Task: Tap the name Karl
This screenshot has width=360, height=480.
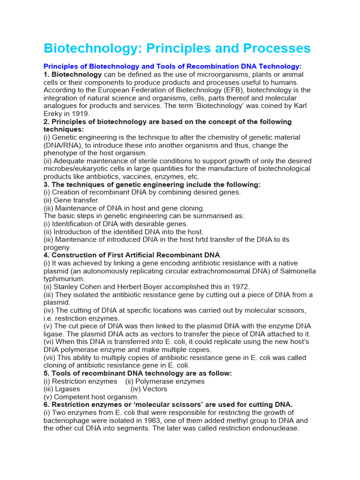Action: (295, 106)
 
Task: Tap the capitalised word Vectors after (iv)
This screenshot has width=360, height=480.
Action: (155, 389)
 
